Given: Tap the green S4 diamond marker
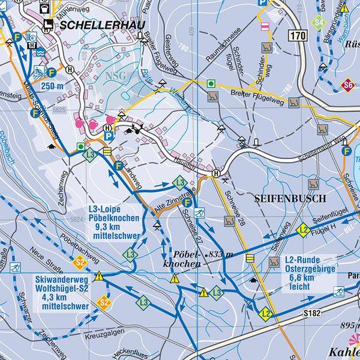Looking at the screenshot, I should [x=319, y=24].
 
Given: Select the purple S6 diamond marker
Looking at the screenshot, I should [x=347, y=85].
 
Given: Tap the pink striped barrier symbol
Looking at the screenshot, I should [x=265, y=26].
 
